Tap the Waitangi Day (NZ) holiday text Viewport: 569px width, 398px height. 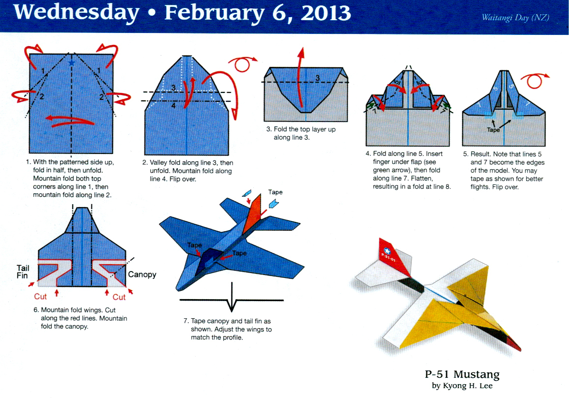click(515, 18)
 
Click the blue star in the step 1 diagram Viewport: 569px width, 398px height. click(72, 62)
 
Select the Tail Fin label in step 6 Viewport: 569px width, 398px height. click(23, 272)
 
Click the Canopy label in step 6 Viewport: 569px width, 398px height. click(142, 274)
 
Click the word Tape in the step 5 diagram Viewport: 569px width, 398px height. click(493, 130)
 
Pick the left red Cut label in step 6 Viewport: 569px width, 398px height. click(40, 297)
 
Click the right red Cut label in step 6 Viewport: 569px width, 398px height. click(120, 297)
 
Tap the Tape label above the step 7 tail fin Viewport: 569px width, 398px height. click(275, 191)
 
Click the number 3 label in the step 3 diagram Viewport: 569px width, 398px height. click(318, 78)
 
